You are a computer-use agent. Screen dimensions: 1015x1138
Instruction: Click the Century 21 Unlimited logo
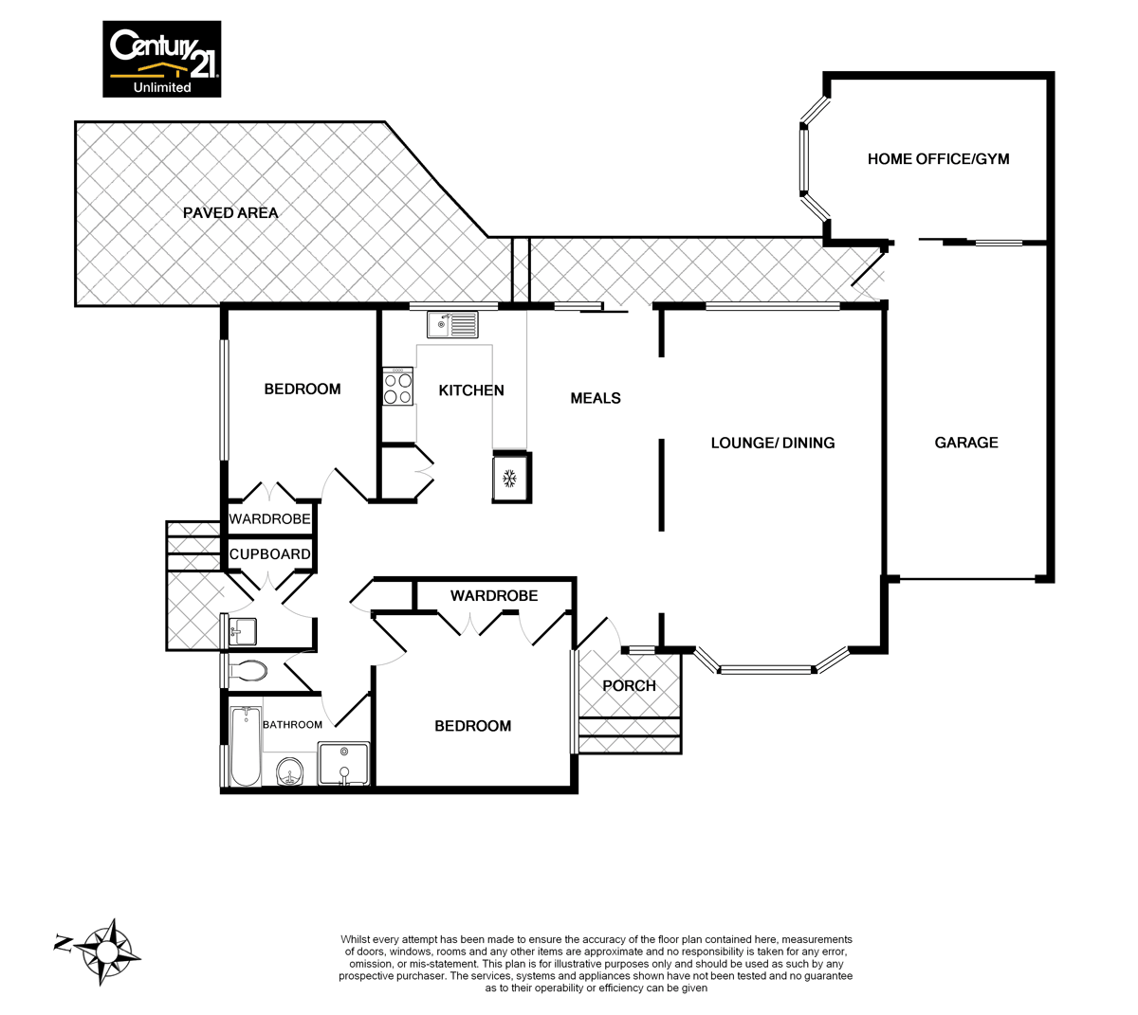coord(162,59)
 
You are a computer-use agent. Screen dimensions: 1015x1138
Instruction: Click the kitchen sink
coord(452,326)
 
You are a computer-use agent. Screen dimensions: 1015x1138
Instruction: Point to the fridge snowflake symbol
coord(509,478)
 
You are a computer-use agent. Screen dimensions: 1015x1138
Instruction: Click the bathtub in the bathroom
coord(247,745)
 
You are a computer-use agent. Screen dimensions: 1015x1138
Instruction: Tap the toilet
coord(248,671)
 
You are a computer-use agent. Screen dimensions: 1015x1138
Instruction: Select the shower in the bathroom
coord(343,764)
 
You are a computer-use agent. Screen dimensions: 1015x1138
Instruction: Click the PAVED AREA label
coord(230,213)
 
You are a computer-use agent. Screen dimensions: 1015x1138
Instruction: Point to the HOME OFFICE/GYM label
coord(938,159)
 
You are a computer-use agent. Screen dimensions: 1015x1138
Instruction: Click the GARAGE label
coord(966,443)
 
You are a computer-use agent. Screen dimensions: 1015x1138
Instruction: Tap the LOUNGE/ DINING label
coord(773,443)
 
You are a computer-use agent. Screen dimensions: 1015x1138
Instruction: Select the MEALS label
coord(596,398)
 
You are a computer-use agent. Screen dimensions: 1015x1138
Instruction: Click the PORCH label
coord(629,686)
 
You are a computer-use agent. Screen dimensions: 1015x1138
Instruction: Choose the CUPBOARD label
coord(270,554)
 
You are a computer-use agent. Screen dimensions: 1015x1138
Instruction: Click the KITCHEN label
coord(471,390)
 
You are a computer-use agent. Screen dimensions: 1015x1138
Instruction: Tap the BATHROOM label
coord(292,725)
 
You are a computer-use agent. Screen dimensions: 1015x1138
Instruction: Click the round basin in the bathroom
coord(290,772)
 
